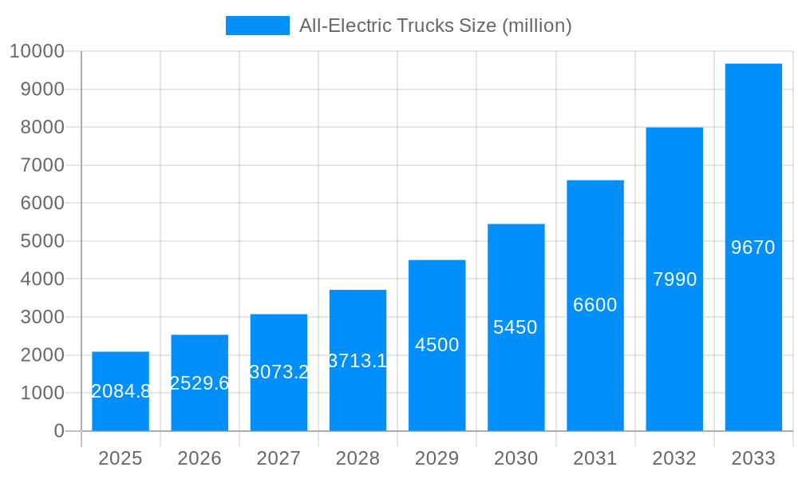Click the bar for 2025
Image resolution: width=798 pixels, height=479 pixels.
point(120,391)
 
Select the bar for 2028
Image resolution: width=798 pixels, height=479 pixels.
point(358,360)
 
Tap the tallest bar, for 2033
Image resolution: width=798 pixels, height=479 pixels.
point(753,247)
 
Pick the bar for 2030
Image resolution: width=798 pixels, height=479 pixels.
point(516,327)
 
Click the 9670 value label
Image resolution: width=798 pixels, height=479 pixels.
point(753,247)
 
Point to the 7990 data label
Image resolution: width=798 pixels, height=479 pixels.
point(674,279)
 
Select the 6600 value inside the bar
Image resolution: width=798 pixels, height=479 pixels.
point(595,305)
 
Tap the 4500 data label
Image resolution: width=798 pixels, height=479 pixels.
point(437,345)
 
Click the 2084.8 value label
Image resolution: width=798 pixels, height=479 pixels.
point(120,391)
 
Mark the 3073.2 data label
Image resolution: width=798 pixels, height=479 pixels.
point(279,372)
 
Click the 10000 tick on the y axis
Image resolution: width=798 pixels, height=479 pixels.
point(37,52)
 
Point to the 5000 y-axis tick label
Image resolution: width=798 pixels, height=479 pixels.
point(41,241)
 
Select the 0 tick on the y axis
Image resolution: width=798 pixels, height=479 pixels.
point(59,431)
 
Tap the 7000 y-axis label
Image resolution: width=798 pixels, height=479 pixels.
point(41,165)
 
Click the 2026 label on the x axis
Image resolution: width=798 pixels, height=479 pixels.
point(199,459)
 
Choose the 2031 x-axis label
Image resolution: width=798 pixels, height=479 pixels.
point(595,459)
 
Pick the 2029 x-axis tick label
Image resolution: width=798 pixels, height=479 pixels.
point(437,459)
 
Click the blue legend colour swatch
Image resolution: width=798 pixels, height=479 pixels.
point(257,26)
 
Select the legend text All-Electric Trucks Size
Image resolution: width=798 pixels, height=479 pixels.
point(435,26)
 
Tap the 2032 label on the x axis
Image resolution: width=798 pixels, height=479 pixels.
point(674,459)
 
